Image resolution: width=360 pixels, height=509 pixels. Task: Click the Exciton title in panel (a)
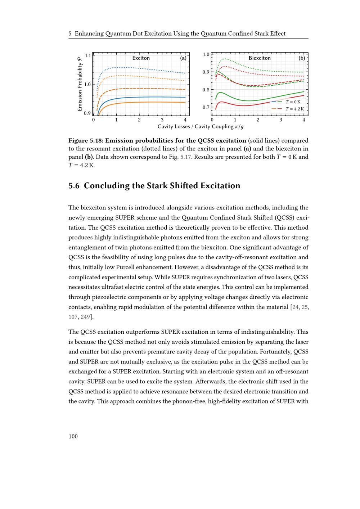(141, 58)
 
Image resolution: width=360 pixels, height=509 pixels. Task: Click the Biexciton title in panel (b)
(260, 58)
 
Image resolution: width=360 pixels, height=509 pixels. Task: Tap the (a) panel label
(183, 58)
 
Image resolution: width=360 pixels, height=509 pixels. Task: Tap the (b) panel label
(302, 58)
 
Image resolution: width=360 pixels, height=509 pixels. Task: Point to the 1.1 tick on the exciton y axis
(88, 55)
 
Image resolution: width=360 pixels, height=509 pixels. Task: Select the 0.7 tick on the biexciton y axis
(206, 107)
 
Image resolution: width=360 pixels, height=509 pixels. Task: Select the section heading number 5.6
(74, 186)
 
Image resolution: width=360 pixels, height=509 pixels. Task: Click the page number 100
(73, 436)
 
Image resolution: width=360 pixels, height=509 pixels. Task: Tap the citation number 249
(85, 317)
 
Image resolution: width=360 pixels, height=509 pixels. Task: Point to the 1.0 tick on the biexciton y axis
(206, 55)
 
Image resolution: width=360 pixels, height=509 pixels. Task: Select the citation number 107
(73, 317)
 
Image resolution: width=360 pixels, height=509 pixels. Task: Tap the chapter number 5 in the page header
(70, 34)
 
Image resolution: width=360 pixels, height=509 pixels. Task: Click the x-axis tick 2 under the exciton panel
(139, 120)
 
